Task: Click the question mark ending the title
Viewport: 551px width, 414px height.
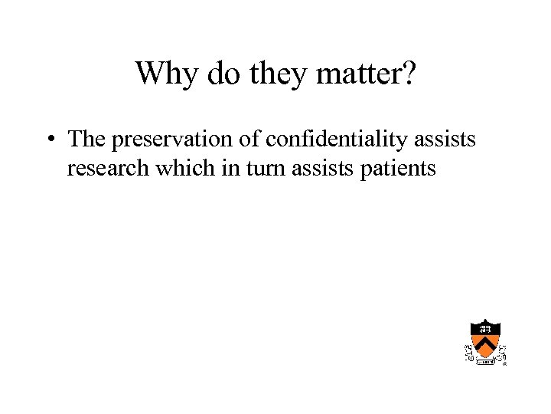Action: pos(409,74)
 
